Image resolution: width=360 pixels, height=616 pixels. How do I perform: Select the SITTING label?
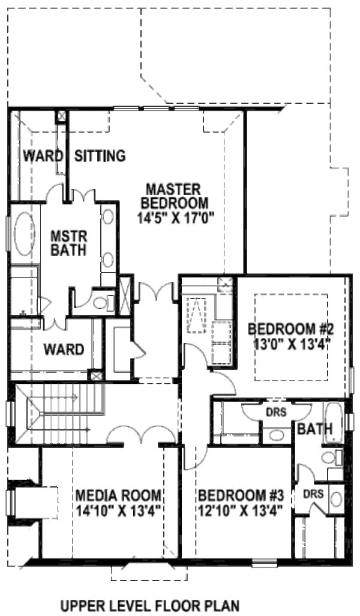[100, 156]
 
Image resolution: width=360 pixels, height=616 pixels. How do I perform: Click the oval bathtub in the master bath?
[25, 235]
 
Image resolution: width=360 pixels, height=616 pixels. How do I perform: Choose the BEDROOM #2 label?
[291, 329]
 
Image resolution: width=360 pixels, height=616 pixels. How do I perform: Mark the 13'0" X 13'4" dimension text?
[291, 344]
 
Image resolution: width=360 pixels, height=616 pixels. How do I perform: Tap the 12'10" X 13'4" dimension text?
[241, 512]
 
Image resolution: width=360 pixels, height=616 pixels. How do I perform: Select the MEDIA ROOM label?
[118, 496]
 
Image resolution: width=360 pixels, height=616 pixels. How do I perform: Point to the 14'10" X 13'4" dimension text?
[118, 512]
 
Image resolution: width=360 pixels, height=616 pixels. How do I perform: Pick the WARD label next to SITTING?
[43, 156]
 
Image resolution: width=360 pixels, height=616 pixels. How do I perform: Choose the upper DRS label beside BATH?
[277, 413]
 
